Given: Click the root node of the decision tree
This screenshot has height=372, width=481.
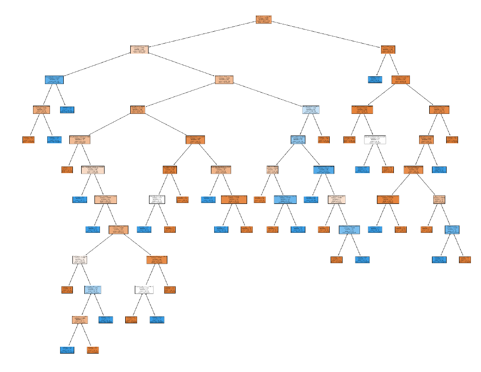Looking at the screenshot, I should (x=264, y=19).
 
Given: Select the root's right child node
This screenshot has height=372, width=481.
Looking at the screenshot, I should (x=388, y=49).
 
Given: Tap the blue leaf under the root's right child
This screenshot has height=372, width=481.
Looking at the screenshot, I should (x=375, y=79).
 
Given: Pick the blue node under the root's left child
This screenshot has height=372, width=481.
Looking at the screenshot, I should (x=54, y=79).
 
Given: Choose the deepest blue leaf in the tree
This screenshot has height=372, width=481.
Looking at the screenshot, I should (x=67, y=350).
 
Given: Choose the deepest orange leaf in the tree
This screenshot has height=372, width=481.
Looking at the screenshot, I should (x=93, y=350).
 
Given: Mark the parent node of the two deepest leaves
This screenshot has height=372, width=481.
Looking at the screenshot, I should (x=80, y=320).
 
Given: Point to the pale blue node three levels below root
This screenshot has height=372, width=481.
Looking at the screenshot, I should (x=311, y=109).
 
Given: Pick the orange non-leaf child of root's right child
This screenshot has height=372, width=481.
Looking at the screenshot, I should (x=401, y=79).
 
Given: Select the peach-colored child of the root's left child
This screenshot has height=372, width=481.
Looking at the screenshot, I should (x=224, y=79).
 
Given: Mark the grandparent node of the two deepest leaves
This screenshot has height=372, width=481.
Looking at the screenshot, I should (x=93, y=289).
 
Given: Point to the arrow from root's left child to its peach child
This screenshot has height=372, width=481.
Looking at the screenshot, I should (x=181, y=64).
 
